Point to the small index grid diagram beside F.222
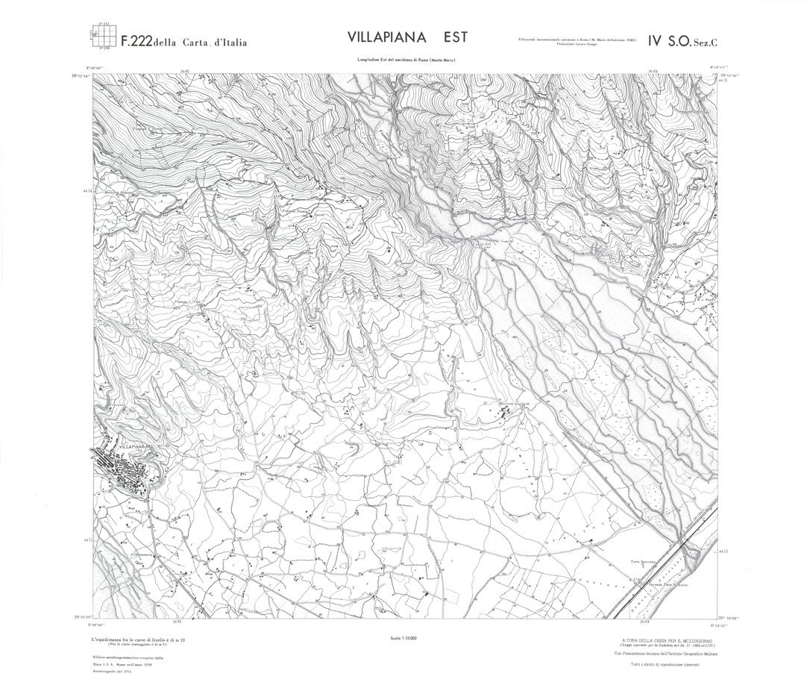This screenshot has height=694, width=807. tap(99, 36)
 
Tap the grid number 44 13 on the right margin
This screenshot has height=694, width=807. tap(722, 551)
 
